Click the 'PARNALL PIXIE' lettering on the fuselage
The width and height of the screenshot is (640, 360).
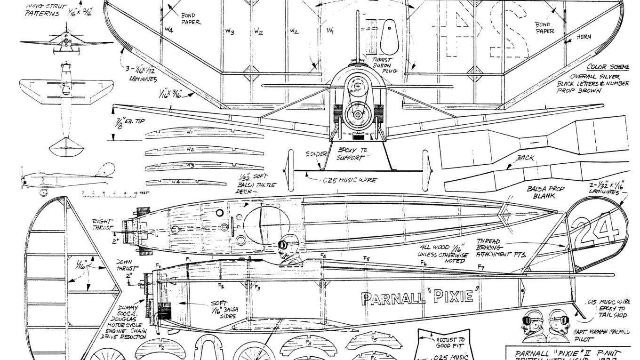421,297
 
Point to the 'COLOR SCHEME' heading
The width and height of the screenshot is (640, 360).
608,67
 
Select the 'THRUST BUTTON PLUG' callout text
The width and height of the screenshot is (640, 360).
384,65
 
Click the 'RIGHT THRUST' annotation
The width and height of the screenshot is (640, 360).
103,224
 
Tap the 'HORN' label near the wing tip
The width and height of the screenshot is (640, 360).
584,37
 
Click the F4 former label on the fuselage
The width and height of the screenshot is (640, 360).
323,256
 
